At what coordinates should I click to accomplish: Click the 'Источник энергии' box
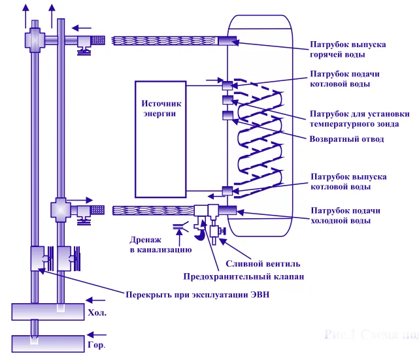tap(161, 139)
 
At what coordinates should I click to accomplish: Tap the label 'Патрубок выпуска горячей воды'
tap(347, 50)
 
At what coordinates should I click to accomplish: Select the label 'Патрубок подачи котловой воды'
tap(344, 79)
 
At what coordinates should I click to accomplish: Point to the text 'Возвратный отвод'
tap(346, 139)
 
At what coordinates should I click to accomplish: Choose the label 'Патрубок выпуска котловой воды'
tap(348, 182)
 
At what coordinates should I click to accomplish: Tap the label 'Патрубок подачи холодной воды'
tap(344, 216)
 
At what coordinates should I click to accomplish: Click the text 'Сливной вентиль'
tap(263, 264)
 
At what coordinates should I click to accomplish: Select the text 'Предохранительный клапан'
tap(243, 277)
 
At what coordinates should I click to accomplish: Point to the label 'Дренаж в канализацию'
tap(160, 244)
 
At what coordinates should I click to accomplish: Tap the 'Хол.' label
tap(97, 314)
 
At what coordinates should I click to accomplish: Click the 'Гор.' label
tap(96, 344)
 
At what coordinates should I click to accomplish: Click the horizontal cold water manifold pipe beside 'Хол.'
tap(48, 312)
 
